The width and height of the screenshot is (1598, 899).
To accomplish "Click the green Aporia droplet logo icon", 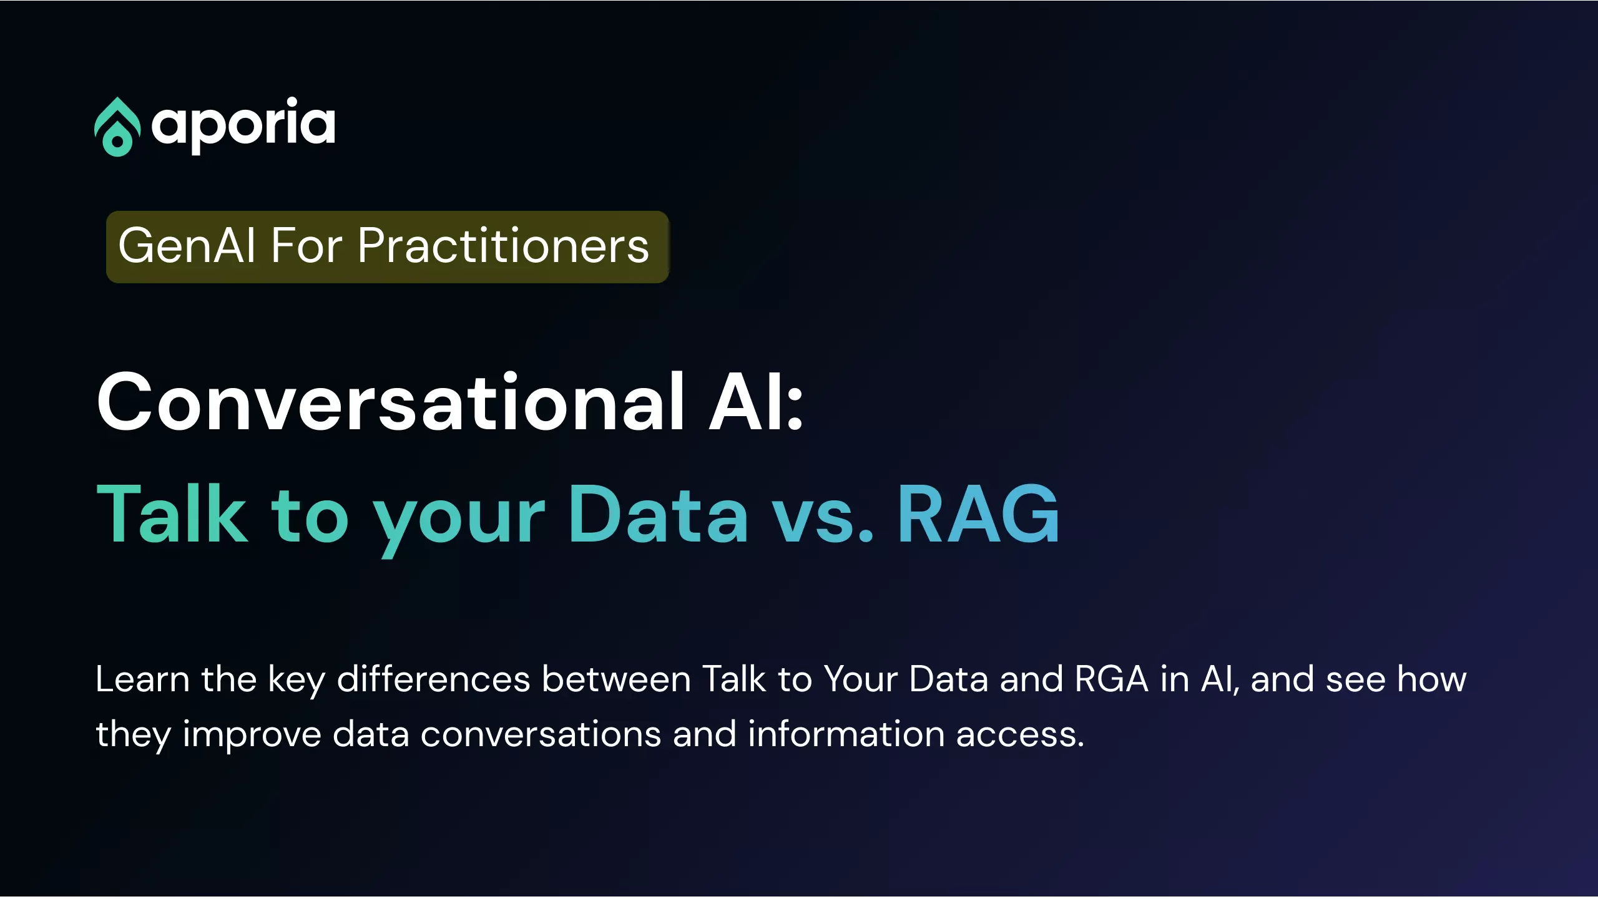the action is tap(117, 127).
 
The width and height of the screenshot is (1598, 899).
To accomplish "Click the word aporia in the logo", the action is tap(243, 125).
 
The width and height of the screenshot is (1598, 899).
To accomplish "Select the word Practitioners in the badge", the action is tap(504, 246).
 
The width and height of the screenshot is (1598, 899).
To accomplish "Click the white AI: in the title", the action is tap(756, 402).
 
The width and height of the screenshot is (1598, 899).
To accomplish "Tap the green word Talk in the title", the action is tap(172, 514).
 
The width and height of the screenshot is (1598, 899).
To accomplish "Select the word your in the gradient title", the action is tap(459, 522).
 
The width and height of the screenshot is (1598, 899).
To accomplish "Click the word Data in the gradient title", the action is tap(658, 514).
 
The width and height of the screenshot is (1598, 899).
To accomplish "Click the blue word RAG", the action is tap(978, 514).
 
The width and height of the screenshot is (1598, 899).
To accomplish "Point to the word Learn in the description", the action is tap(142, 679).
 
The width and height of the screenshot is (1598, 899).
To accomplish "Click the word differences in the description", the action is tap(433, 679).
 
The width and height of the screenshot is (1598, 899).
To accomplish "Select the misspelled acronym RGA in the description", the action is tap(1111, 679).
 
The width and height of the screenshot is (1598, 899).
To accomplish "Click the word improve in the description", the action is tap(252, 734).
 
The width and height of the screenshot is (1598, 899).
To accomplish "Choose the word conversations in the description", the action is tap(541, 734).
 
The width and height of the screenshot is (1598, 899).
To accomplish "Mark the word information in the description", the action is tap(846, 734).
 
